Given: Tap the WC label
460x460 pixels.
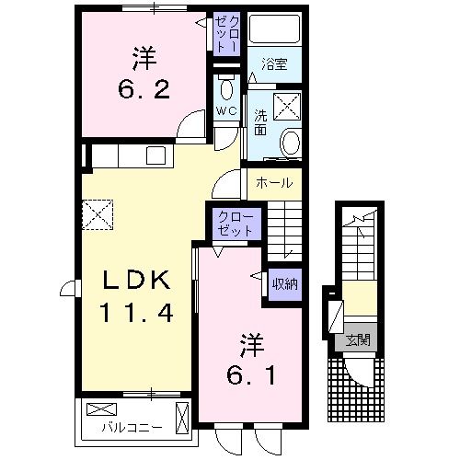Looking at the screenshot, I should [x=226, y=112].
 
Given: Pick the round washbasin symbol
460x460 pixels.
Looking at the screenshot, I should [x=290, y=143].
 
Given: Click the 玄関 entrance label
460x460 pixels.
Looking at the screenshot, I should [x=357, y=339].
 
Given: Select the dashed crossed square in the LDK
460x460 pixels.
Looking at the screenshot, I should [x=97, y=214].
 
